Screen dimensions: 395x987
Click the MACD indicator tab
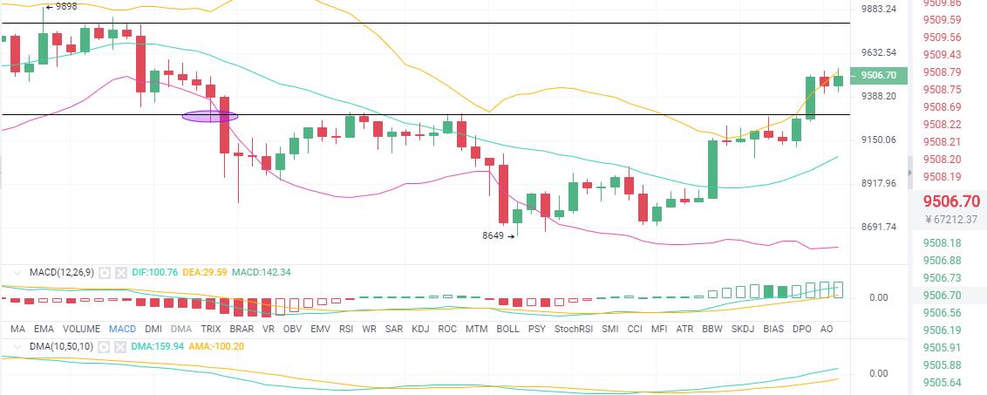(123, 329)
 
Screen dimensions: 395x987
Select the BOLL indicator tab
(507, 329)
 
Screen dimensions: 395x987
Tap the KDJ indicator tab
(420, 329)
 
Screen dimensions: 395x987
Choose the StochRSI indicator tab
(573, 329)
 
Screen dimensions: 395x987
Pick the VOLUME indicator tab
(81, 329)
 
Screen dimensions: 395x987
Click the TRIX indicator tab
(211, 329)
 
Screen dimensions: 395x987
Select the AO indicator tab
(827, 329)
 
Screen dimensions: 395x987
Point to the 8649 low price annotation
(494, 235)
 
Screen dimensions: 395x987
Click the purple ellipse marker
(209, 115)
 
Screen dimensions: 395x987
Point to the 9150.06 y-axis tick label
(878, 140)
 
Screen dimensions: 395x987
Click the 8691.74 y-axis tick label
(878, 227)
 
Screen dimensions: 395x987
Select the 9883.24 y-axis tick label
(878, 9)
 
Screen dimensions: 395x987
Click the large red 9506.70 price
(955, 201)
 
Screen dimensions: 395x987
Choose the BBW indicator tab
(712, 329)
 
